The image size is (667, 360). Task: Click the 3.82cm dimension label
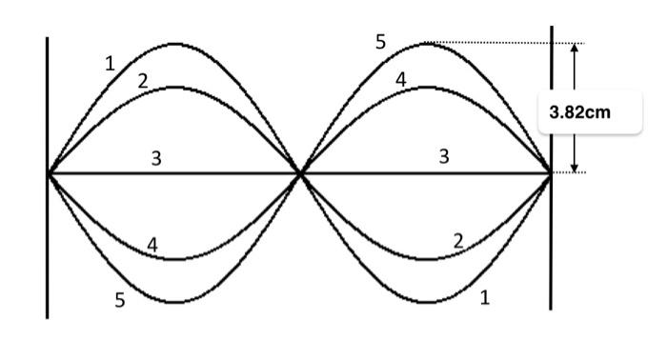click(580, 112)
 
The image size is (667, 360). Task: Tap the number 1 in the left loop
click(110, 64)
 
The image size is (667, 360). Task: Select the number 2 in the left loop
click(143, 81)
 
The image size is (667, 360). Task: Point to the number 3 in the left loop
click(156, 159)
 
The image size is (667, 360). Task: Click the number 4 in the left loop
click(152, 245)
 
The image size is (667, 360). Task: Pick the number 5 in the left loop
click(119, 300)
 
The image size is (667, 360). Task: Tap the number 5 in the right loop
click(381, 42)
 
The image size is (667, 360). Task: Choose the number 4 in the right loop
click(401, 80)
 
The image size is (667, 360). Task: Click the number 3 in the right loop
click(444, 157)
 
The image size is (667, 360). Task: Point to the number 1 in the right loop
click(485, 298)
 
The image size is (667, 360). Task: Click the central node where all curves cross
click(301, 173)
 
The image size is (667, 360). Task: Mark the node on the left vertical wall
click(49, 173)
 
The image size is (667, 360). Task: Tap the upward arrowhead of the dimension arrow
click(574, 48)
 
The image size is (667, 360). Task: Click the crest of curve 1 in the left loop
click(175, 44)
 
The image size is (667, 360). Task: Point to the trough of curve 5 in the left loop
click(175, 303)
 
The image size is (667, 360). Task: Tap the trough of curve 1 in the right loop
click(426, 303)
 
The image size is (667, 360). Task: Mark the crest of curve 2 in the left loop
click(175, 88)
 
